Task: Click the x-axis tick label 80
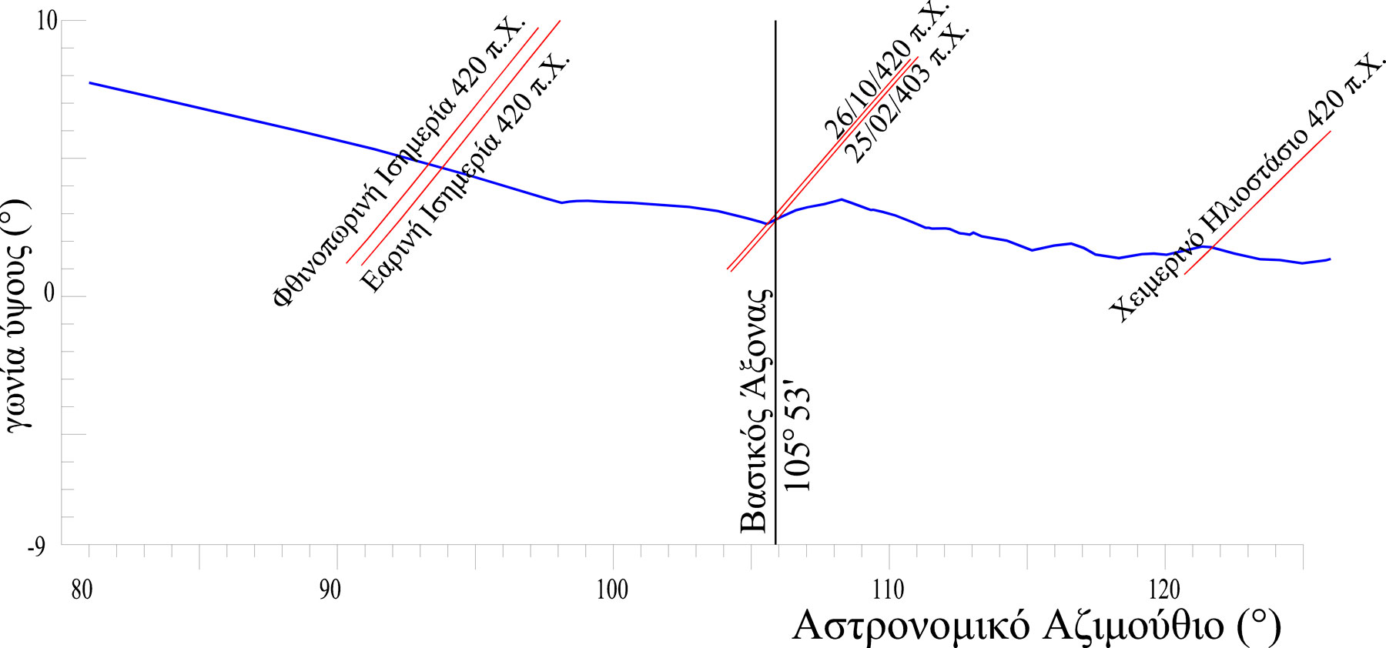(81, 591)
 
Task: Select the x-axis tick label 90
(329, 591)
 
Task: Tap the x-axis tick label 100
(612, 591)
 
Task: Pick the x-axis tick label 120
(1163, 591)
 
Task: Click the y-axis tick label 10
(47, 21)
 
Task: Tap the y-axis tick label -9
(37, 547)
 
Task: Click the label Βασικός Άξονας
(755, 412)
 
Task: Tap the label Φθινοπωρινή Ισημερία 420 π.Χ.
(398, 162)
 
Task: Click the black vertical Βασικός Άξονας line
(775, 385)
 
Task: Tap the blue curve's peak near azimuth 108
(841, 199)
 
